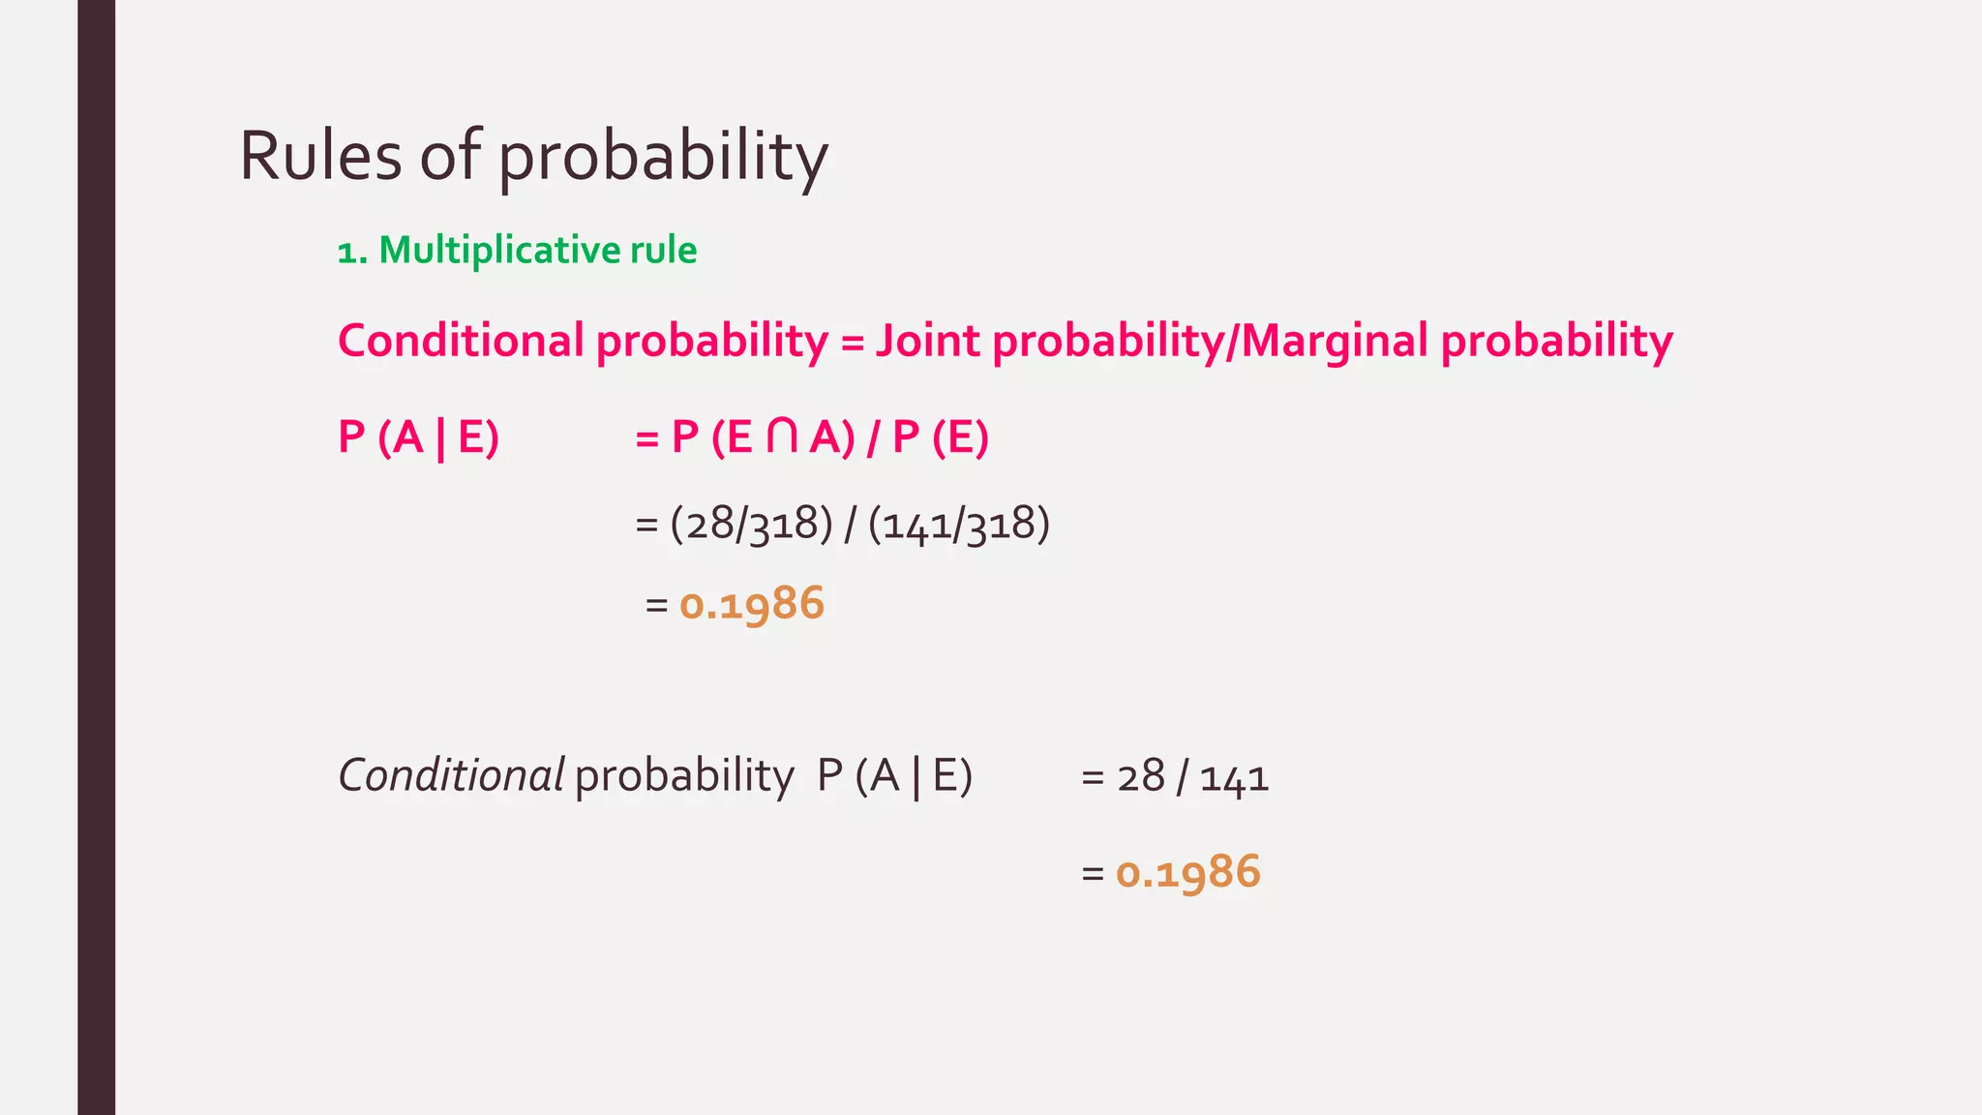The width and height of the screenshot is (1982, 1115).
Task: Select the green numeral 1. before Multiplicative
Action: tap(352, 253)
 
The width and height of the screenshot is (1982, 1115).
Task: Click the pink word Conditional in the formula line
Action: tap(461, 341)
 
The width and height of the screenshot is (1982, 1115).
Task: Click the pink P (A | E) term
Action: tap(418, 437)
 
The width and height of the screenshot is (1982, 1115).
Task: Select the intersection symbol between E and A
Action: tap(781, 437)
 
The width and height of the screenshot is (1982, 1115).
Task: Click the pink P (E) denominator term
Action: tap(940, 437)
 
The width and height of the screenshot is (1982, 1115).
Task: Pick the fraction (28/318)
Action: tap(751, 525)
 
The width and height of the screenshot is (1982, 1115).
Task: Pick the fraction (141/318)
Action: tap(958, 525)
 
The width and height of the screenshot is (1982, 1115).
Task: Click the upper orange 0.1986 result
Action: tap(751, 604)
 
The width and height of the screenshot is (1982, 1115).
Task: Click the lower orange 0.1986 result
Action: tap(1187, 872)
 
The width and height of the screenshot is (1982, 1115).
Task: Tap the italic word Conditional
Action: tap(451, 775)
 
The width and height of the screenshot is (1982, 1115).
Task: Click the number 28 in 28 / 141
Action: tap(1140, 777)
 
